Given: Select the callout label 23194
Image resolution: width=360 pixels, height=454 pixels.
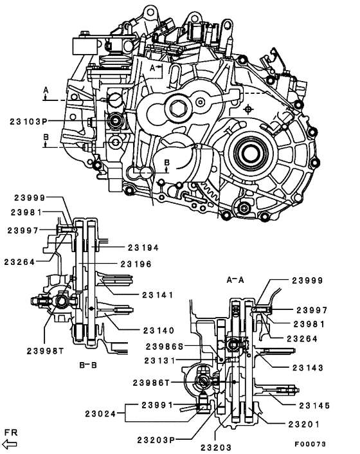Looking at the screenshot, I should (x=143, y=247).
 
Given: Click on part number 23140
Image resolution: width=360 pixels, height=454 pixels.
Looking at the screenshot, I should (x=157, y=330).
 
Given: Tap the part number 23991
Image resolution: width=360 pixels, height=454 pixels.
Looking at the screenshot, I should (x=153, y=406).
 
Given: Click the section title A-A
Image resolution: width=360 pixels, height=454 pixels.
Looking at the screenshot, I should (x=235, y=280).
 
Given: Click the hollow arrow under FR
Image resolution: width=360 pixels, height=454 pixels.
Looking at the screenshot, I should (x=11, y=444).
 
